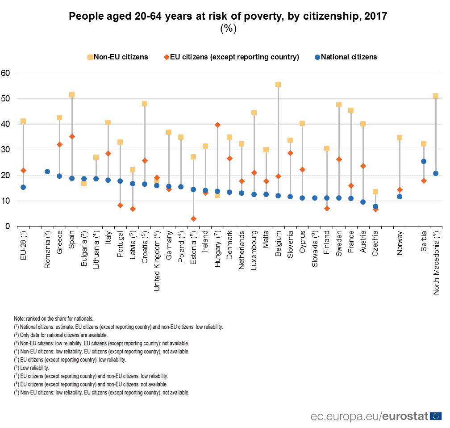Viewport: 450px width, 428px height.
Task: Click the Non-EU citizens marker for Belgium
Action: coord(278,84)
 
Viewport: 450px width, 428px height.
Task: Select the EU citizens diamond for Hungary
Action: coord(217,125)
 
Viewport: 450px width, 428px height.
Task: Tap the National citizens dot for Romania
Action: coord(47,172)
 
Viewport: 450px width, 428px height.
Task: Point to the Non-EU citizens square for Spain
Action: coord(72,95)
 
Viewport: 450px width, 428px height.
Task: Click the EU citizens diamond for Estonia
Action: coord(193,219)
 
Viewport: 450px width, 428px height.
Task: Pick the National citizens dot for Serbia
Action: coord(424,161)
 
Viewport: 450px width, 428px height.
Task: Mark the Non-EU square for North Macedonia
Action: coord(436,96)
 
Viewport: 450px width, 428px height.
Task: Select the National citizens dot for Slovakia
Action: coord(315,198)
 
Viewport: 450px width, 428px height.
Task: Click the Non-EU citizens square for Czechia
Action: coord(375,192)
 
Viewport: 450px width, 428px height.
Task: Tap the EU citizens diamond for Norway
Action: coord(400,190)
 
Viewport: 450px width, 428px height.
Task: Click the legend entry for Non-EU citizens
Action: coord(117,57)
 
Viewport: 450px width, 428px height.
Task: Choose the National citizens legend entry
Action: coord(346,57)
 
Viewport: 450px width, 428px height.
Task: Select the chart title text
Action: coord(228,17)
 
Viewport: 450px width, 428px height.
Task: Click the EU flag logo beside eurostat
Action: coord(435,416)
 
